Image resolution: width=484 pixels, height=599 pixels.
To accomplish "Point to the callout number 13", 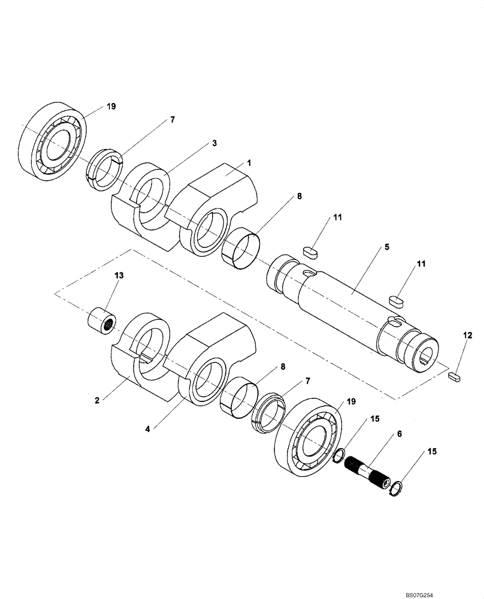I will pos(119,275).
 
